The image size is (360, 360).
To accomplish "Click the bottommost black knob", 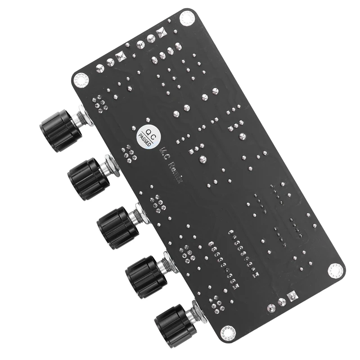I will coord(175,325).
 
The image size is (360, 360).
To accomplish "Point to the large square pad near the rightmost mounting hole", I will coord(293,297).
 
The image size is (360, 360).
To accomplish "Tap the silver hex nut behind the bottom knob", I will coord(198,313).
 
